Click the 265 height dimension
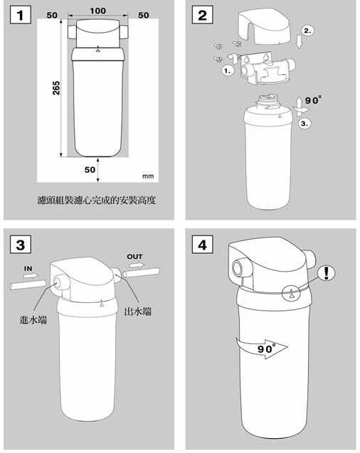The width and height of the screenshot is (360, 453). tap(56, 88)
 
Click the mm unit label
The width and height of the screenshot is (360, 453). tap(148, 175)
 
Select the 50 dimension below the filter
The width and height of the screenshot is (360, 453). tap(90, 170)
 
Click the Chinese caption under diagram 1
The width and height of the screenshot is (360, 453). tap(95, 201)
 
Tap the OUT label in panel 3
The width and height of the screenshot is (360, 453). tap(134, 256)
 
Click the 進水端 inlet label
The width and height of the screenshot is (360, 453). tap(33, 319)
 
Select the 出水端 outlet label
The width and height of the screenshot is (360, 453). tap(139, 311)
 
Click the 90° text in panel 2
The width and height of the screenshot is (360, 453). tap(312, 100)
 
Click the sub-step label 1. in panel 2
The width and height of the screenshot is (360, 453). tap(228, 72)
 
